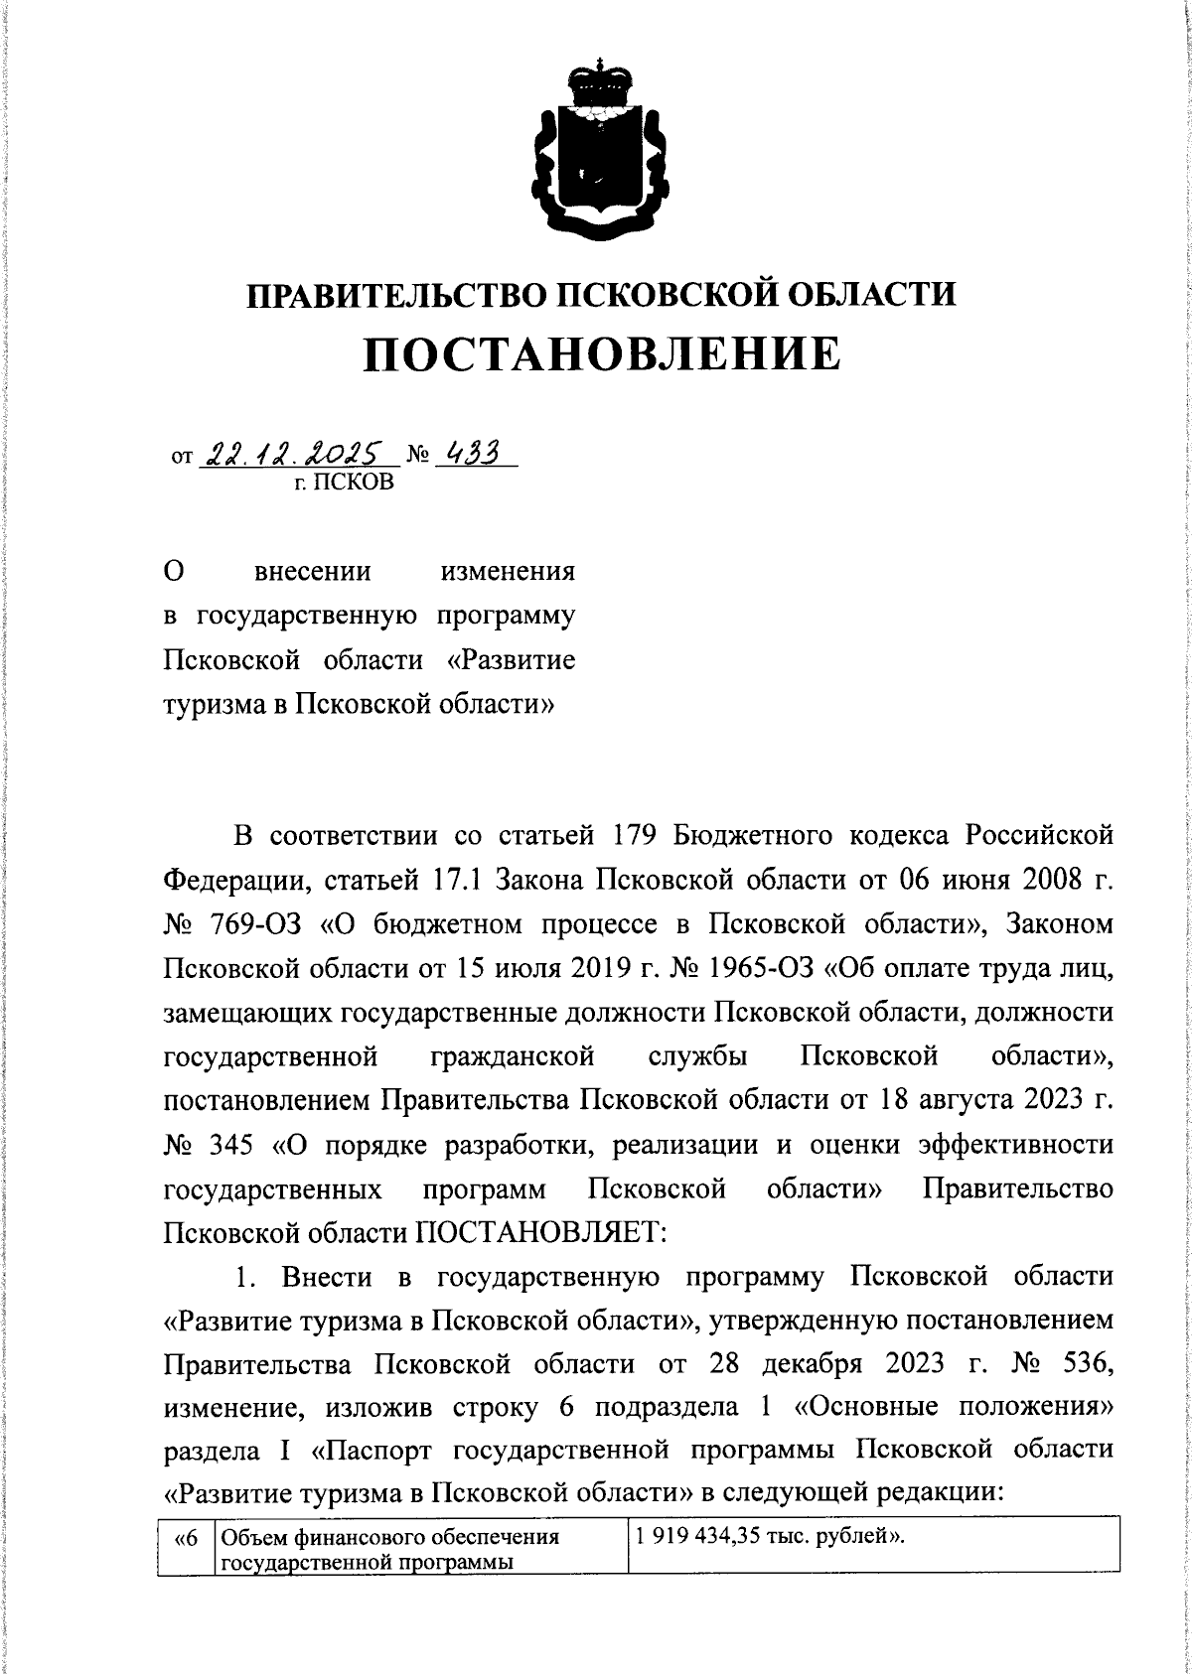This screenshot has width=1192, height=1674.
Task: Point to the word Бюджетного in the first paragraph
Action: [x=753, y=835]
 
